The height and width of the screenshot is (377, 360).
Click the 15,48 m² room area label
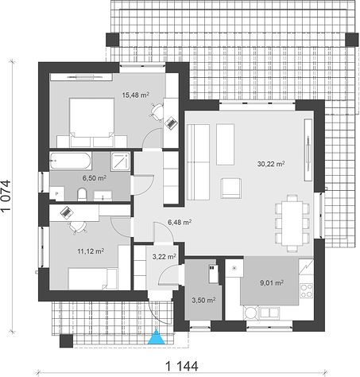click(135, 95)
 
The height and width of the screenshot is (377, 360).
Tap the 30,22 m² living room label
click(271, 164)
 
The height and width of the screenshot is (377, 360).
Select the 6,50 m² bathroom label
click(95, 178)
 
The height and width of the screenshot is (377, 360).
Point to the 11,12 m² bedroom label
click(91, 251)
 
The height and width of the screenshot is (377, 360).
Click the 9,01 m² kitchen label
click(272, 283)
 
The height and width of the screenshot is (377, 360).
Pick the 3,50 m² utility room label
click(203, 300)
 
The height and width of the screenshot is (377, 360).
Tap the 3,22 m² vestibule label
click(165, 256)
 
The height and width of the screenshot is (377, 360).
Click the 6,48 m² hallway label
click(180, 222)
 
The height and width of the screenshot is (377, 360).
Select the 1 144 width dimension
click(182, 367)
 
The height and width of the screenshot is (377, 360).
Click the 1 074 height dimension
click(6, 196)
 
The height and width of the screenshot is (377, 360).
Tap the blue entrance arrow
click(157, 337)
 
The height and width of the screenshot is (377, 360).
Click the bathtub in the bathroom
click(71, 161)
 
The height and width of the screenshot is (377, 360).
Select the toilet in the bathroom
click(82, 194)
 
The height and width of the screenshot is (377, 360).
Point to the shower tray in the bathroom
click(120, 161)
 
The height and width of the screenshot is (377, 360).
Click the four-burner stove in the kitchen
click(306, 290)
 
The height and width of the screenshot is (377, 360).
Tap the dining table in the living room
click(292, 223)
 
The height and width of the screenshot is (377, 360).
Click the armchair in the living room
click(231, 188)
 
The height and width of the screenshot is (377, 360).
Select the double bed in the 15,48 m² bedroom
click(92, 122)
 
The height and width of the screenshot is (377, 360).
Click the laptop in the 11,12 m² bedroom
click(66, 212)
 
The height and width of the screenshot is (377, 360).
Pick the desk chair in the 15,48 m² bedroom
click(157, 111)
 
